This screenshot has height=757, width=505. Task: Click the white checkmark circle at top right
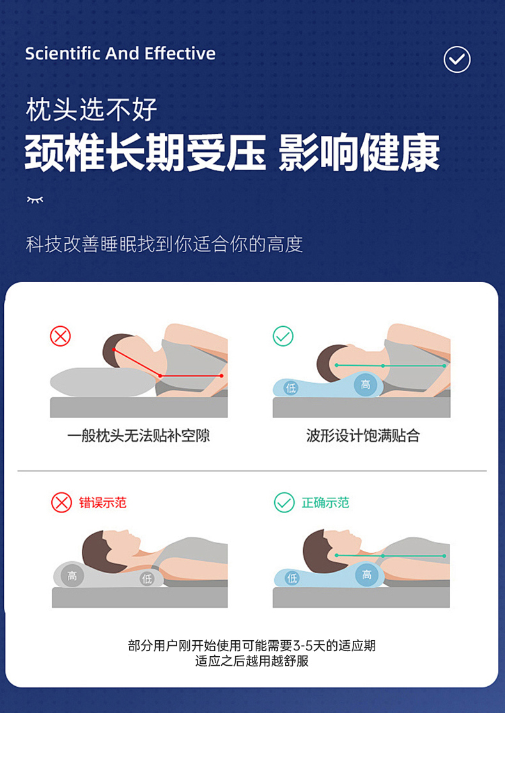click(456, 59)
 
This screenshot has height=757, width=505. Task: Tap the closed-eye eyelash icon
click(35, 199)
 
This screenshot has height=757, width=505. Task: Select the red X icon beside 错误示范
click(61, 502)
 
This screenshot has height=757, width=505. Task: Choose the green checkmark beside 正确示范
click(284, 502)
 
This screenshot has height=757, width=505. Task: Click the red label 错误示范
click(102, 502)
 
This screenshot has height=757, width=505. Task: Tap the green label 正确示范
click(325, 502)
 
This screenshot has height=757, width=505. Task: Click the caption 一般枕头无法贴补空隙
click(138, 435)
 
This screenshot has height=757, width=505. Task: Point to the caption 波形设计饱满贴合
click(363, 435)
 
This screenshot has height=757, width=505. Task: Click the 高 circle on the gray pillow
click(72, 576)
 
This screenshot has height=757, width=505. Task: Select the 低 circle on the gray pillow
click(146, 578)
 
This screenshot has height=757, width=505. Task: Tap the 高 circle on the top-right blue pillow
click(365, 384)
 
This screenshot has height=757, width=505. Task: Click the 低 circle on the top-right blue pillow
click(291, 387)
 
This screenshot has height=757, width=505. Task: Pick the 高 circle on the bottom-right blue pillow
click(367, 574)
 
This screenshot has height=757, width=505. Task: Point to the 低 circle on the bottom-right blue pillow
click(292, 578)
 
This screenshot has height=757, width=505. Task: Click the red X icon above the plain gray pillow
click(61, 336)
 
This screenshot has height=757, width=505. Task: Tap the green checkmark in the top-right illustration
click(283, 336)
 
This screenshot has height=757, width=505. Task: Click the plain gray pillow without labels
click(102, 382)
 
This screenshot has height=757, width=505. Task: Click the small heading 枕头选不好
click(91, 110)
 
